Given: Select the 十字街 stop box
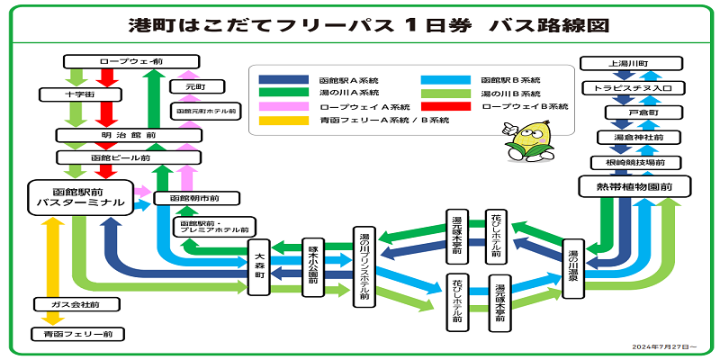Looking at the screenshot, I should point(80,94).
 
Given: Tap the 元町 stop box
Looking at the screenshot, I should point(196,87).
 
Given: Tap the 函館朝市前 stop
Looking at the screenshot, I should point(198,198).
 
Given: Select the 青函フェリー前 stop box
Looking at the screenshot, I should point(76,334).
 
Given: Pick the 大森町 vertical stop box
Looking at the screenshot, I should point(258,268).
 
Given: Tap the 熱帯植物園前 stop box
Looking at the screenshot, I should point(632,187).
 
